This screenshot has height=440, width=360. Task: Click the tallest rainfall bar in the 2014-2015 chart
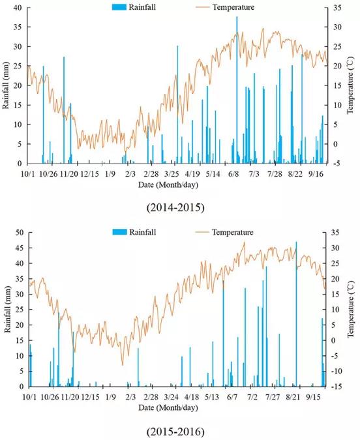point(237,90)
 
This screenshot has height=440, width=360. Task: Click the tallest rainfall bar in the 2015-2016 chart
point(296,314)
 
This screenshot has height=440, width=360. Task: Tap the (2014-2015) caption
point(175,208)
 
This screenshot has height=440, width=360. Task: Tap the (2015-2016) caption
point(175,432)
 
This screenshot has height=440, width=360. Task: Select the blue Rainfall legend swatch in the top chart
point(119,7)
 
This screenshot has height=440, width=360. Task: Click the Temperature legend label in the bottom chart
point(233,232)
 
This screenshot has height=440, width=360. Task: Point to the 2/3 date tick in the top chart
point(130,174)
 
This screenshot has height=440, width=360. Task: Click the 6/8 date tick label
point(233,174)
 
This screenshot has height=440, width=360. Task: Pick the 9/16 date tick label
point(316,174)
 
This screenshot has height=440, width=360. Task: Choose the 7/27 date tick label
point(273,398)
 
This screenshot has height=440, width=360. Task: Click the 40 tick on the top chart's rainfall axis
point(18,8)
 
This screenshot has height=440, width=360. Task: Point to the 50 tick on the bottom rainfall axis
point(20,232)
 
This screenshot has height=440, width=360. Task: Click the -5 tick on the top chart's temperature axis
point(337,164)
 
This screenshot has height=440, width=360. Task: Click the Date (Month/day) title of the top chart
point(168,184)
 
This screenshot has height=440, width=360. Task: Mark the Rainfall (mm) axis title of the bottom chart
point(8,310)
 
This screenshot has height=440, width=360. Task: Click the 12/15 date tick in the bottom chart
point(90,398)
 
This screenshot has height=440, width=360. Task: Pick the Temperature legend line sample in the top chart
point(203,7)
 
